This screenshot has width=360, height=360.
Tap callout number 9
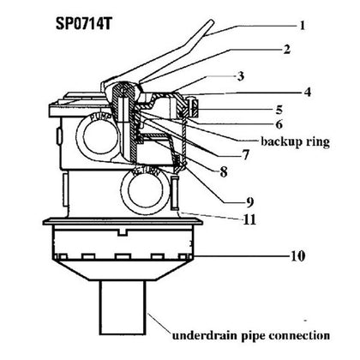click(x=249, y=202)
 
